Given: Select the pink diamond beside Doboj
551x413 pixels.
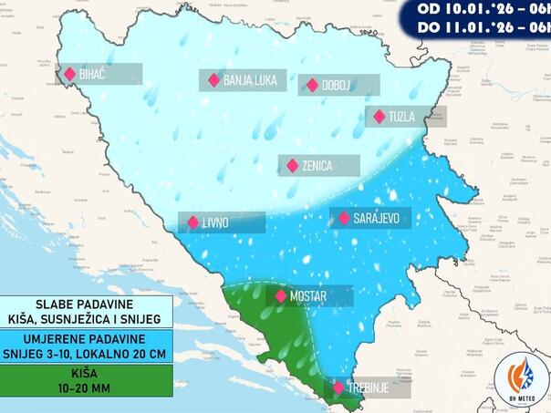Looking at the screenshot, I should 313,86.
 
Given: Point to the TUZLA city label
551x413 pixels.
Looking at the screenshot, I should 401,117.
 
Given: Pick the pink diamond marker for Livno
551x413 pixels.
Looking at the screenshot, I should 193,222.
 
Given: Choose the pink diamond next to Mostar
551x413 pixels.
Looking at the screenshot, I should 281,296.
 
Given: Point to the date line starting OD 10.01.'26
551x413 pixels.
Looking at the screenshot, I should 483,8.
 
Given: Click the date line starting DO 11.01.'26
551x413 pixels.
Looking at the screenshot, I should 483,27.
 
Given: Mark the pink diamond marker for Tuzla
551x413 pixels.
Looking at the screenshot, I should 379,117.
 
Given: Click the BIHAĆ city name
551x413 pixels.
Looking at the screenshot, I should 93,74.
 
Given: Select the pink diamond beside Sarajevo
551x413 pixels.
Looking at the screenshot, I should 344,219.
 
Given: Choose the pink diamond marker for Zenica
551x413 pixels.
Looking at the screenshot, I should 293,166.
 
